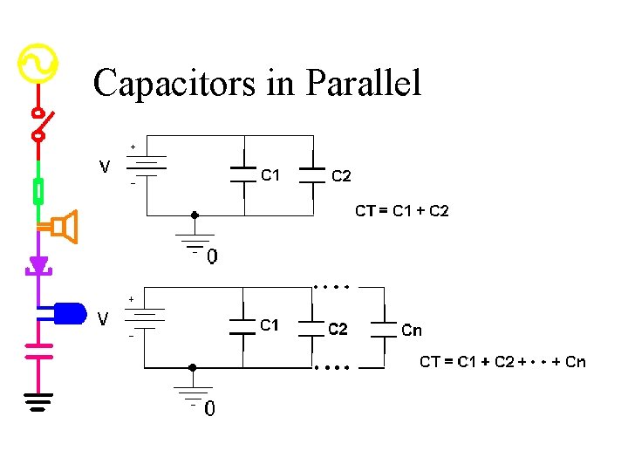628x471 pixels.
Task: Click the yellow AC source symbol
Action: pyautogui.click(x=38, y=64)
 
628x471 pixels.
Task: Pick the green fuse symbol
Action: pyautogui.click(x=38, y=189)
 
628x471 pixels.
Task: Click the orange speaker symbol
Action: pyautogui.click(x=64, y=227)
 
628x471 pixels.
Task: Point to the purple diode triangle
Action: pyautogui.click(x=38, y=264)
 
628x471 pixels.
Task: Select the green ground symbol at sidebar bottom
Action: pyautogui.click(x=38, y=401)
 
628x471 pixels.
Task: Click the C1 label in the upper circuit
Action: pyautogui.click(x=270, y=175)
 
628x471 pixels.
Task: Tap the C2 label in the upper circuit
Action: pyautogui.click(x=341, y=176)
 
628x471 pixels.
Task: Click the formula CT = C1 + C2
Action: pyautogui.click(x=401, y=210)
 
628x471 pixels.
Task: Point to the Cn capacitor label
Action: pyautogui.click(x=412, y=331)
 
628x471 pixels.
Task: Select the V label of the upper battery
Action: pyautogui.click(x=105, y=166)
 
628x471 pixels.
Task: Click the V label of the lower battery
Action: pyautogui.click(x=104, y=319)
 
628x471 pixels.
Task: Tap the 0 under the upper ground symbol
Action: pyautogui.click(x=212, y=257)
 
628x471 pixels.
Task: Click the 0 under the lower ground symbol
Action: pyautogui.click(x=210, y=408)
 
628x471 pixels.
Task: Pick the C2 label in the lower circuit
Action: pyautogui.click(x=338, y=329)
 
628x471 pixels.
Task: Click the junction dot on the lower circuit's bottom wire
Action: pyautogui.click(x=193, y=367)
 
